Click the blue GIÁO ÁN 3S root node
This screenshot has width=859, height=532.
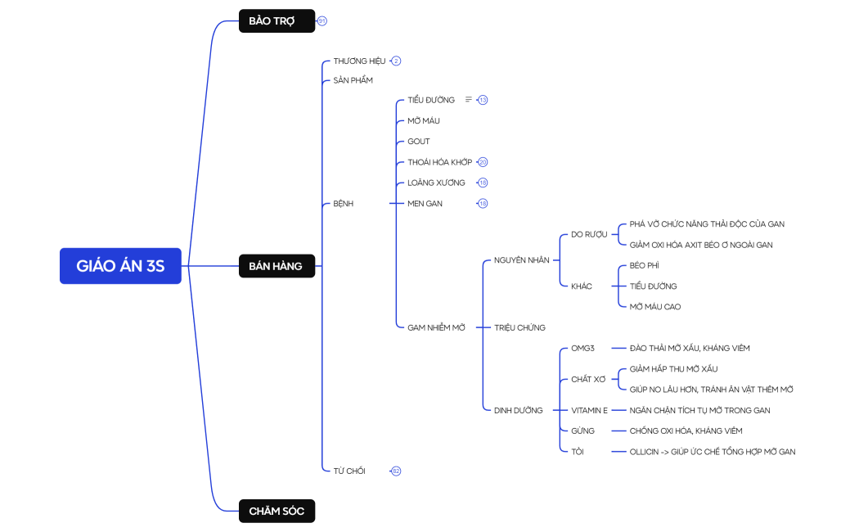[x=120, y=266]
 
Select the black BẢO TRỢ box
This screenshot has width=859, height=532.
[x=277, y=20]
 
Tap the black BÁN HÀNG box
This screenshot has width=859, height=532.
[x=277, y=266]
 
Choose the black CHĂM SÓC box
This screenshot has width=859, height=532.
[x=277, y=511]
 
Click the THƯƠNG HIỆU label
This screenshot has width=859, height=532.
[x=359, y=61]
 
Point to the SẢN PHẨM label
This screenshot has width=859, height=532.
[x=353, y=80]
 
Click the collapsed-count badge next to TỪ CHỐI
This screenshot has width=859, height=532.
[x=396, y=471]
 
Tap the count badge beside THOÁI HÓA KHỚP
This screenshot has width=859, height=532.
[x=483, y=162]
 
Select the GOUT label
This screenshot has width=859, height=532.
[x=418, y=142]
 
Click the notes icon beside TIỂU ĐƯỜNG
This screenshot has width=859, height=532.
[x=469, y=100]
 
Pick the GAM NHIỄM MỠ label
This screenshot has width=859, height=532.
[x=436, y=327]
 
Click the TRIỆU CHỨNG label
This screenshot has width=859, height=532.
[x=519, y=327]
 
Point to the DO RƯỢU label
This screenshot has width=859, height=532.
[x=589, y=234]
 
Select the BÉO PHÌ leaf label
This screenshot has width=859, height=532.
[x=644, y=266]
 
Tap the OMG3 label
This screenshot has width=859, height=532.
[x=582, y=348]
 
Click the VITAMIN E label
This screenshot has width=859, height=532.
[x=589, y=410]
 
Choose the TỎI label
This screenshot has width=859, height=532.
[x=578, y=451]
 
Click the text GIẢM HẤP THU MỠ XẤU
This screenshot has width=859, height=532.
[x=673, y=369]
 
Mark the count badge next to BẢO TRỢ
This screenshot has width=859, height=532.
[x=322, y=20]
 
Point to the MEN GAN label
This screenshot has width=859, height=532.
[x=425, y=204]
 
